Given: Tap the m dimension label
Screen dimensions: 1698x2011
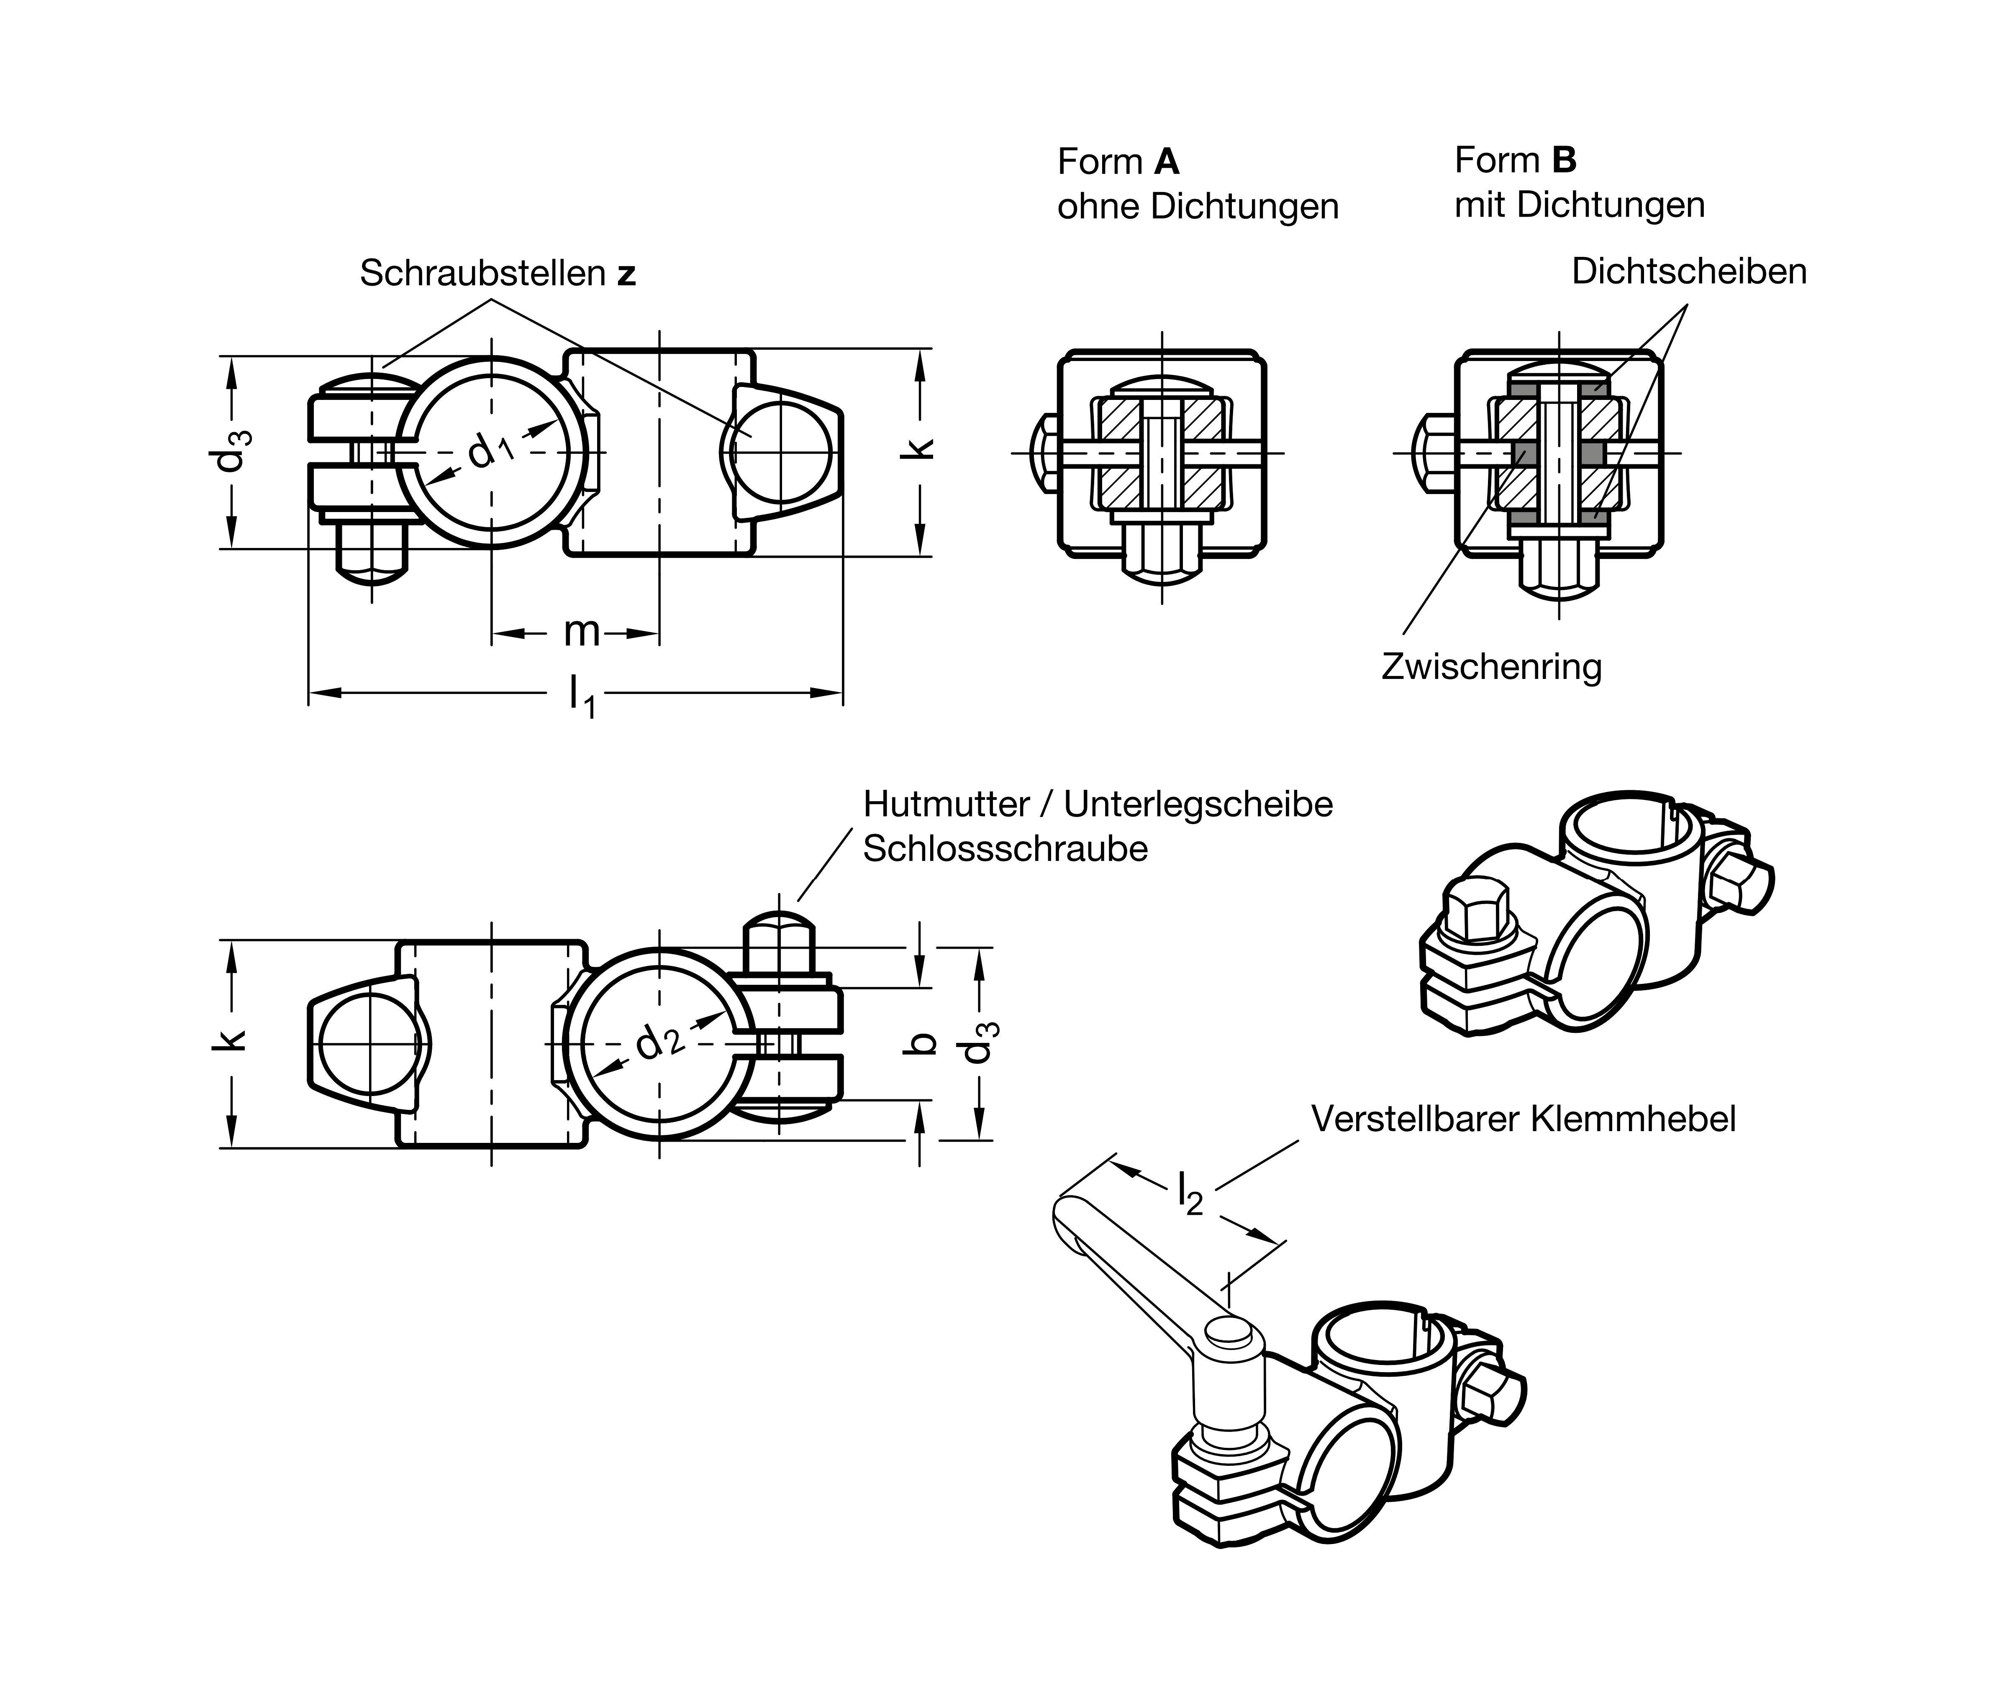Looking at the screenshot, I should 582,633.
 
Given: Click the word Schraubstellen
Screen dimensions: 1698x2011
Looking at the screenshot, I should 481,273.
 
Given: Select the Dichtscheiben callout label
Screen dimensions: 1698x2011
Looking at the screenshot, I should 1688,271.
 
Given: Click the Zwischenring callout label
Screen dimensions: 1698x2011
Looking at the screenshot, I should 1491,666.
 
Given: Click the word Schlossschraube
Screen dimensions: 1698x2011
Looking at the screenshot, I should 1005,849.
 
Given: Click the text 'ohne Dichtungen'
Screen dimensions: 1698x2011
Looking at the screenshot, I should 1198,206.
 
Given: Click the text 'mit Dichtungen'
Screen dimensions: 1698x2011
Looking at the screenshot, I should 1579,204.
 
